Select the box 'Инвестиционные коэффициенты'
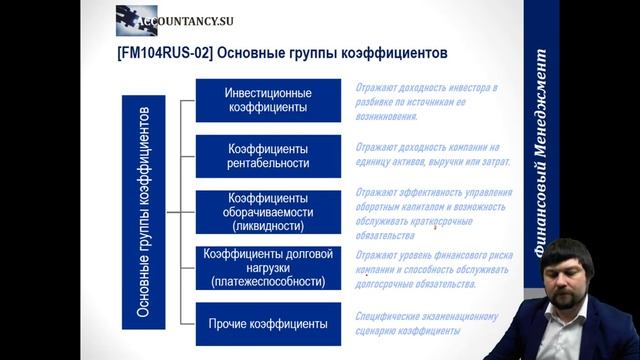(267, 100)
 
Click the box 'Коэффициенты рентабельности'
(267, 155)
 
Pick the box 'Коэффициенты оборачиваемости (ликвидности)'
(267, 211)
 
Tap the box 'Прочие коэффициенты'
(267, 324)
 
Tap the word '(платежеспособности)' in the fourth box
(267, 283)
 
